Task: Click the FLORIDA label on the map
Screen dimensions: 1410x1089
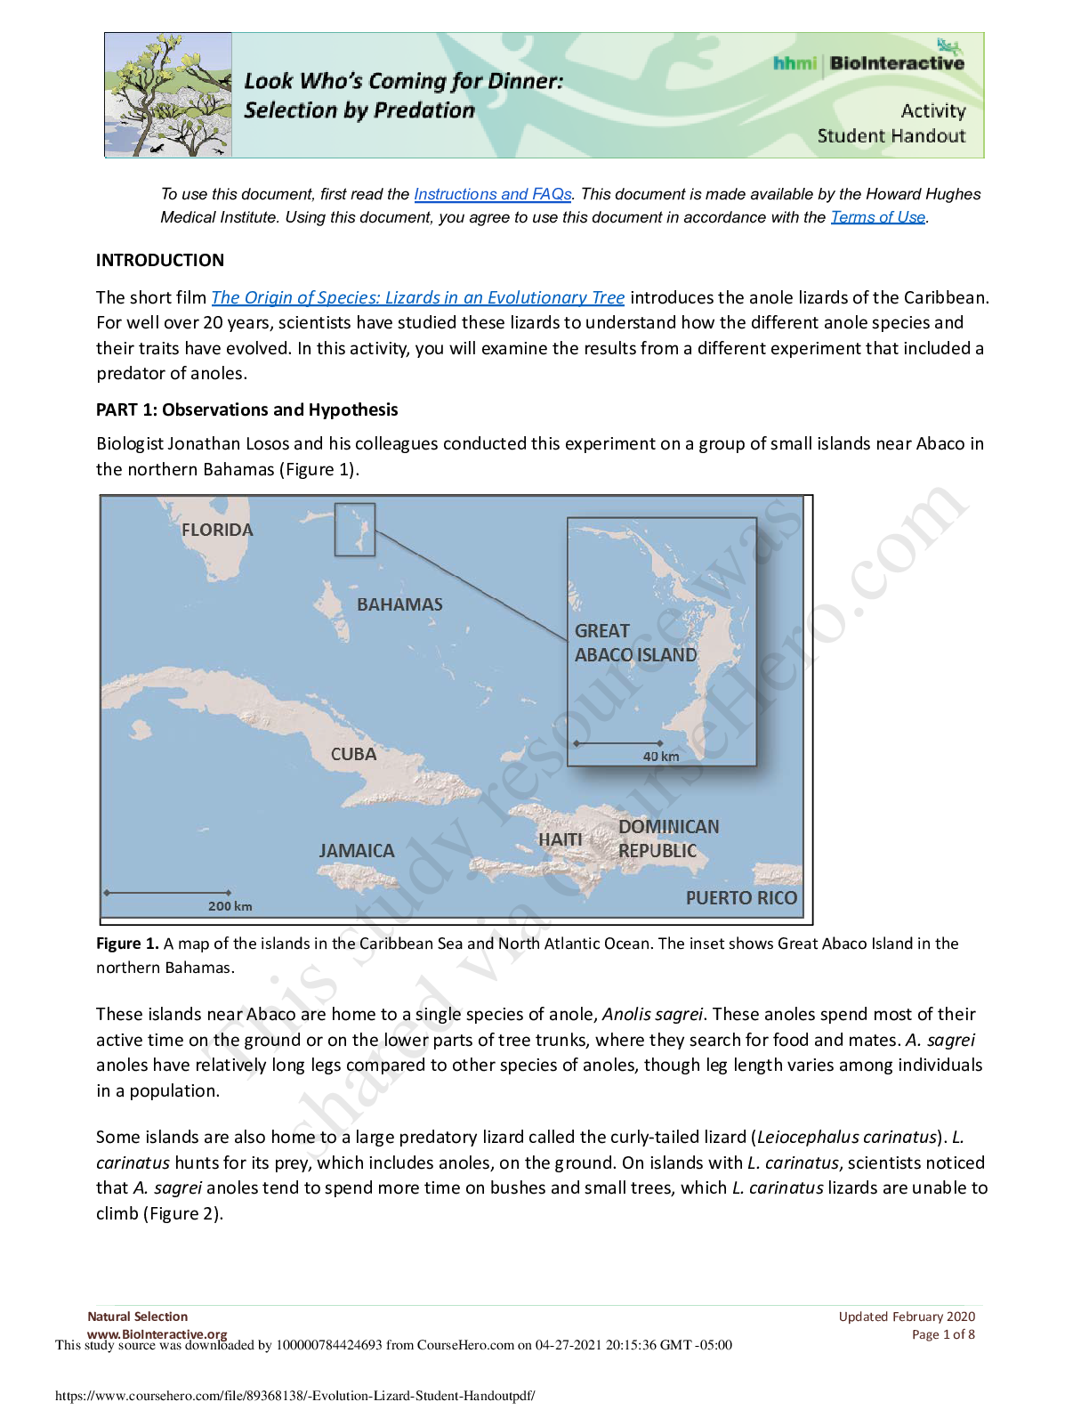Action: pos(217,530)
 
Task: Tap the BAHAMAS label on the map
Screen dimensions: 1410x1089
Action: pos(399,604)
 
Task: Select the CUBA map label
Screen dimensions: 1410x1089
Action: pos(353,754)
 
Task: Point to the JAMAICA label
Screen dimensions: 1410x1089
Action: pos(357,851)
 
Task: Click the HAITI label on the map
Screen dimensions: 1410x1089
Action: pos(560,839)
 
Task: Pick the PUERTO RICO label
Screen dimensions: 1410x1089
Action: pos(741,897)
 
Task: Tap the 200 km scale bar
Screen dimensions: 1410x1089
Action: pos(167,893)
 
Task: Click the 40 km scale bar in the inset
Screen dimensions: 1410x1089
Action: pos(618,743)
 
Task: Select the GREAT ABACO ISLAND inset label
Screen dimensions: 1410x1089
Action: pos(635,643)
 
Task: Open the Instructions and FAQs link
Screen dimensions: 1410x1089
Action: pos(492,194)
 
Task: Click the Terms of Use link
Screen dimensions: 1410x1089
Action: pos(877,217)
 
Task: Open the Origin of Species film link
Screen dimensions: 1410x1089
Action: pos(417,297)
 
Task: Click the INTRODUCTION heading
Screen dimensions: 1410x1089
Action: pos(160,260)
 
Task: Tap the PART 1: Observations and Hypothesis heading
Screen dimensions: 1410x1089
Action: pos(246,409)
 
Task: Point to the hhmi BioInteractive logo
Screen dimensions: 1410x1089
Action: pos(868,62)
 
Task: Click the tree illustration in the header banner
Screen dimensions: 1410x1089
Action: pos(168,95)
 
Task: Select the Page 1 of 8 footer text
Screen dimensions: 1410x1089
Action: pos(943,1334)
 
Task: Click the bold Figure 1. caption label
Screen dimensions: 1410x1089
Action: pos(127,944)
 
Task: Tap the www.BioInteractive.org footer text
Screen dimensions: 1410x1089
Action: pos(157,1333)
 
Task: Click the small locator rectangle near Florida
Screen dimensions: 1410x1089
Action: pos(354,530)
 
